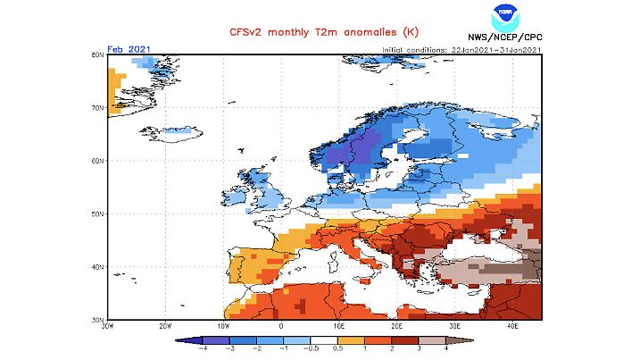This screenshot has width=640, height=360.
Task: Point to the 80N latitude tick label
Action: click(98, 55)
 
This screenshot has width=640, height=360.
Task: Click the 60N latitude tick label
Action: click(98, 162)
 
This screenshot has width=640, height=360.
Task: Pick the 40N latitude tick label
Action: click(98, 267)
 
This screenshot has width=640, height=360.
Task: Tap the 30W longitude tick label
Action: click(108, 327)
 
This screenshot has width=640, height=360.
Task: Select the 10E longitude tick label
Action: click(339, 327)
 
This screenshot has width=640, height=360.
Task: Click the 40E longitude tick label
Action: click(512, 327)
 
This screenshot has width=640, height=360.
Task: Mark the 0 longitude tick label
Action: click(281, 327)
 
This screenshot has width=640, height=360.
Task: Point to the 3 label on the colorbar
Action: click(419, 349)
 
